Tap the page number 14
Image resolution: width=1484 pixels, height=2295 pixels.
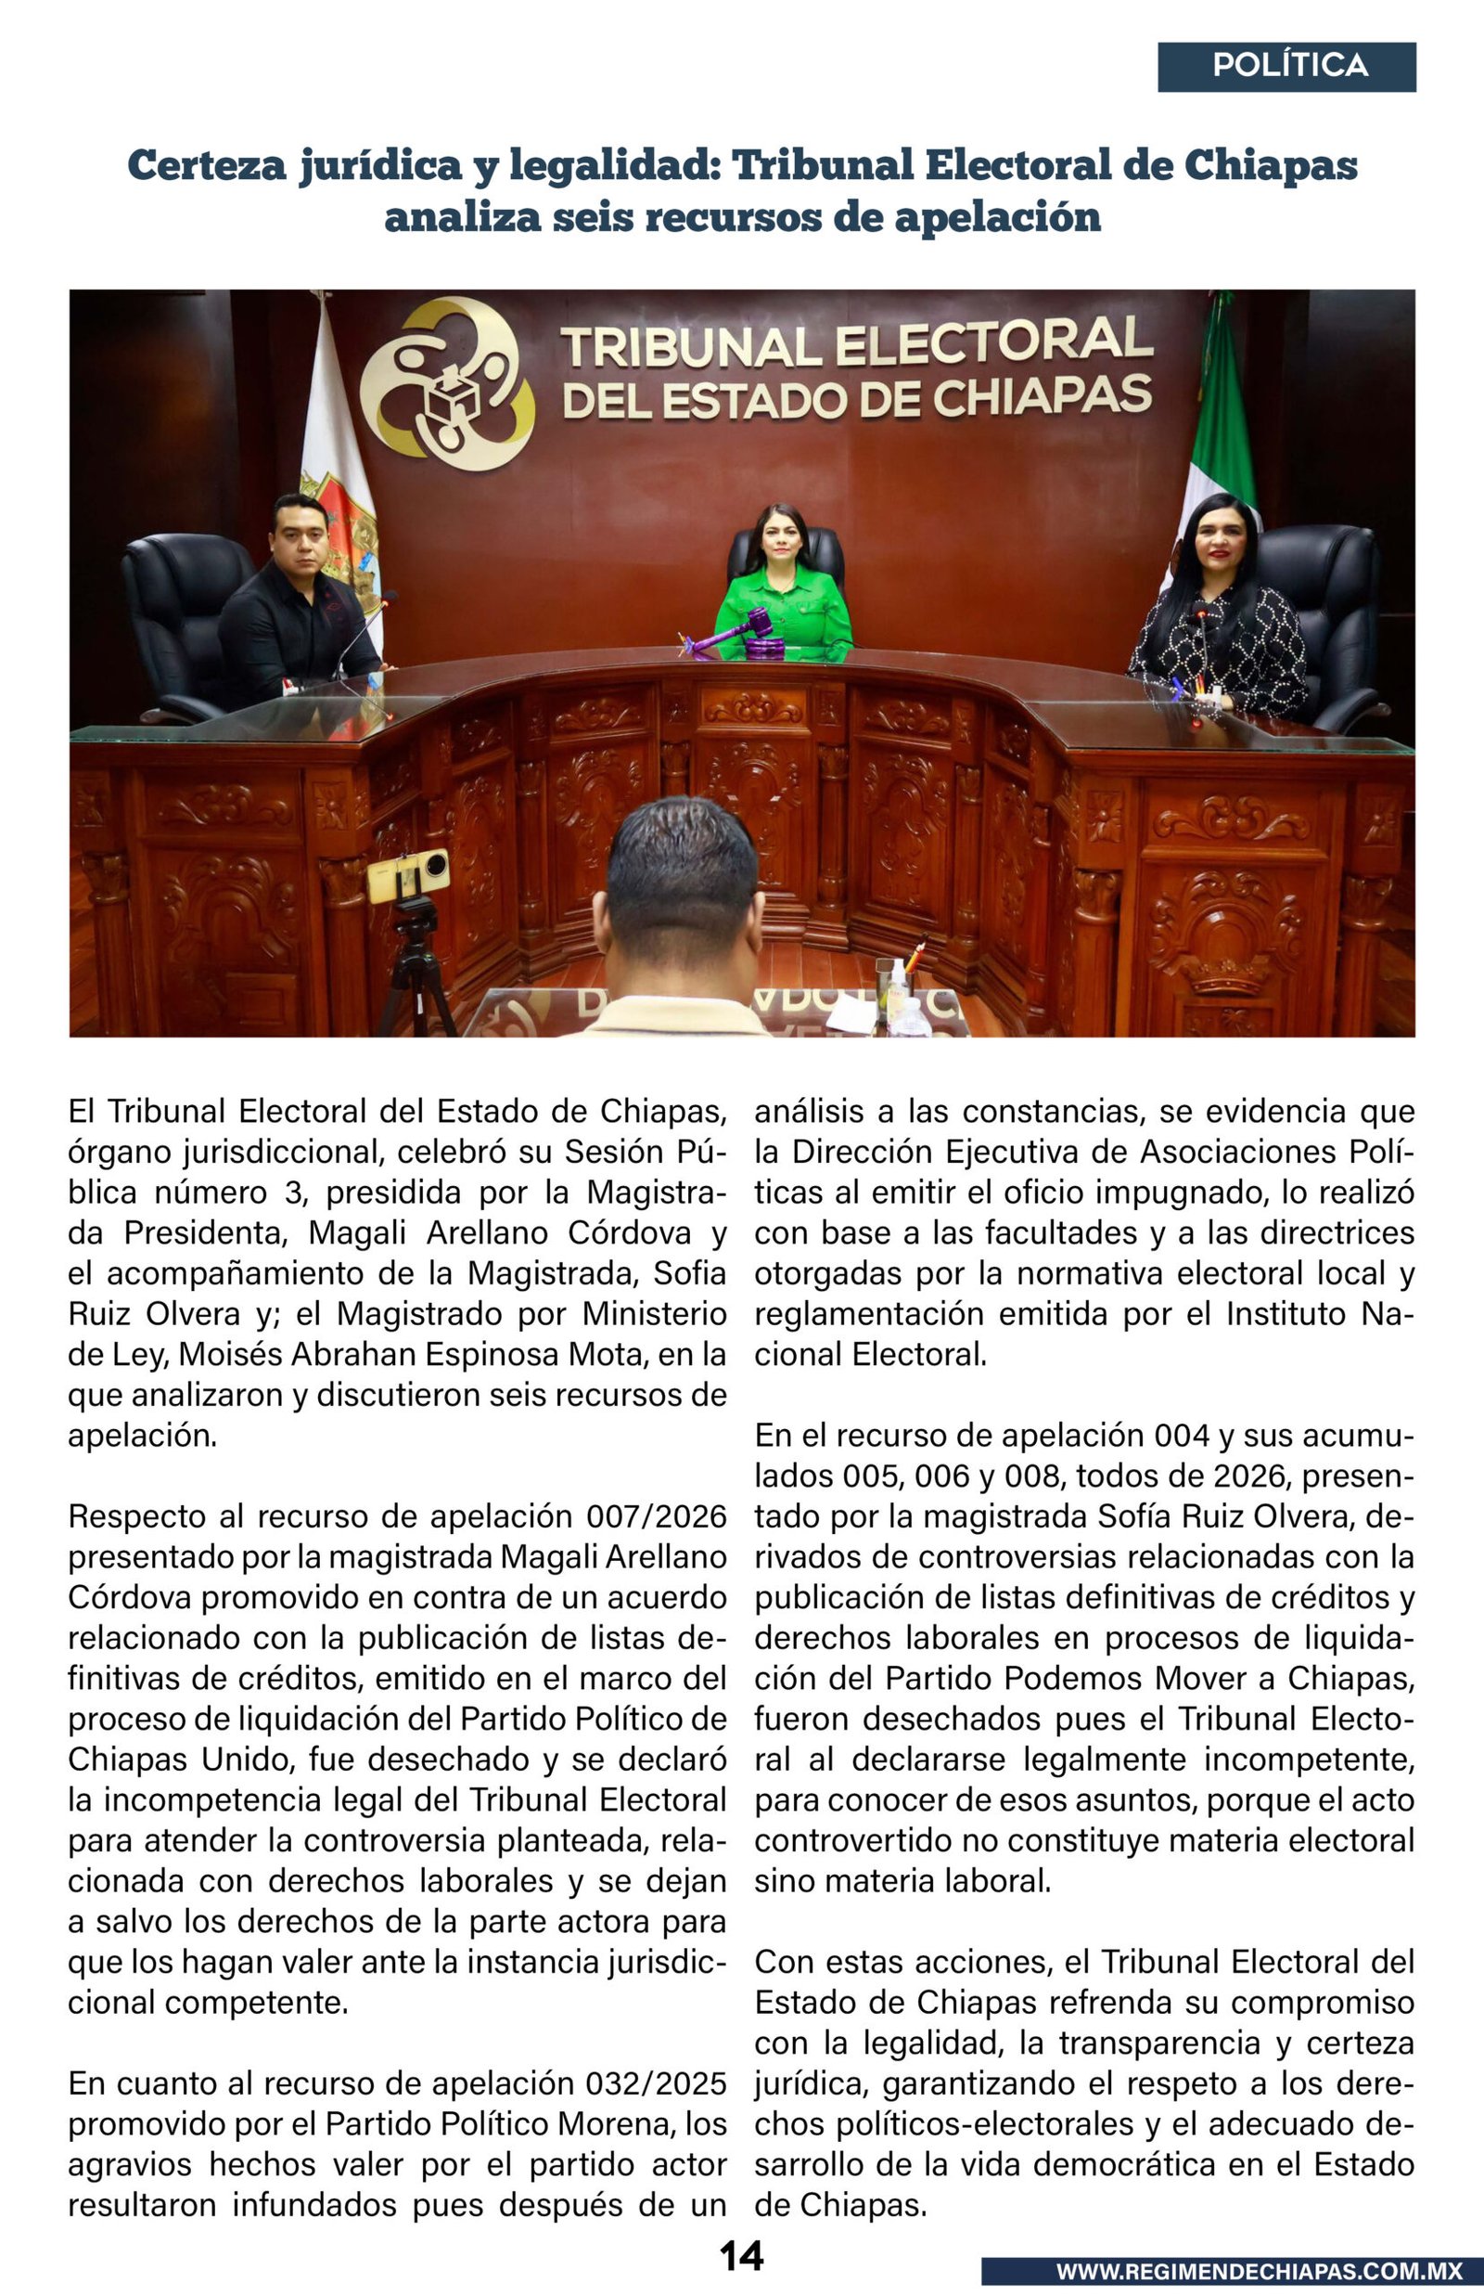[741, 2255]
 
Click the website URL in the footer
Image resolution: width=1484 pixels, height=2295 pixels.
[1259, 2271]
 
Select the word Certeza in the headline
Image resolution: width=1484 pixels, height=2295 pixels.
[207, 166]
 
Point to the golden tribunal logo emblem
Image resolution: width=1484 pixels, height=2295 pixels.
[447, 382]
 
